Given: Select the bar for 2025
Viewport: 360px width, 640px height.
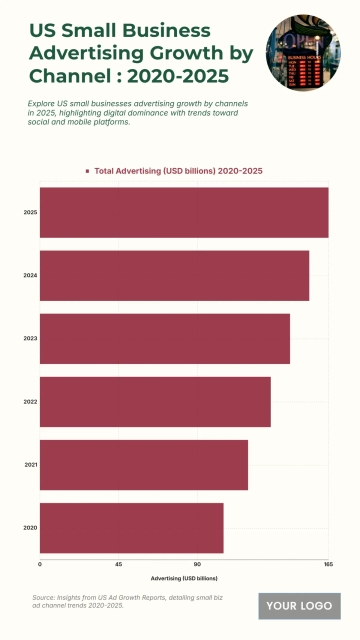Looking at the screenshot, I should coord(184,212).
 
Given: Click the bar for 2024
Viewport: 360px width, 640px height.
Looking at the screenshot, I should coord(174,275).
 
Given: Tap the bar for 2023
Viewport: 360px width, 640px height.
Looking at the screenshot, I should coord(165,338).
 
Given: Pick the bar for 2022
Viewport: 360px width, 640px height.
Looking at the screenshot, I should coord(155,401).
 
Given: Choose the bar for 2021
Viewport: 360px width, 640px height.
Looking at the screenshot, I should coord(144,464).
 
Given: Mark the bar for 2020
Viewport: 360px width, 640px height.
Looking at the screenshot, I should coord(131,527).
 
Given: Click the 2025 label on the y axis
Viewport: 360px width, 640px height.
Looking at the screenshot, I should coord(30,212).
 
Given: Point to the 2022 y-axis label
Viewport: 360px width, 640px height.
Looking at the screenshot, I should coord(30,401).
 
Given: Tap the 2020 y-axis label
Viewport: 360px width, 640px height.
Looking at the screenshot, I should coord(30,527).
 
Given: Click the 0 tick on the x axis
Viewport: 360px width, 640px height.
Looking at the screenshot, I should coord(40,565).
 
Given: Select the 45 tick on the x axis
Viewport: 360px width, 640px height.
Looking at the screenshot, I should coord(118,565).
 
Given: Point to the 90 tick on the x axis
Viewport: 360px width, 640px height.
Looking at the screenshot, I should coord(197,565).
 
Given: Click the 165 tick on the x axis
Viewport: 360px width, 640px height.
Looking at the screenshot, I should coord(327,565).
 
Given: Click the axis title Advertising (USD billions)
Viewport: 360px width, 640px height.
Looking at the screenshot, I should coord(184,578).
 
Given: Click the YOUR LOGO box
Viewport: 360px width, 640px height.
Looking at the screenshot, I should coord(299,606).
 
